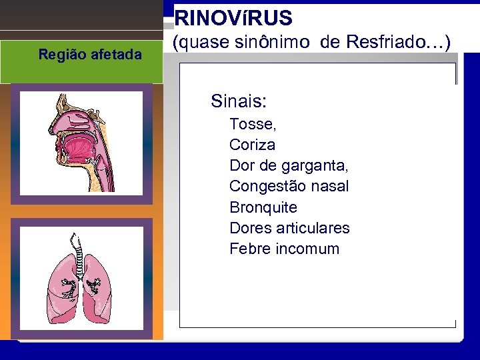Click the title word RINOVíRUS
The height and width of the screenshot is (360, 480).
click(x=233, y=18)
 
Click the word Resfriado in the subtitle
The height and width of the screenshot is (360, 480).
click(x=388, y=43)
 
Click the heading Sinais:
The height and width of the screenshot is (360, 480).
click(x=239, y=101)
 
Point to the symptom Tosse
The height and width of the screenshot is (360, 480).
click(x=252, y=124)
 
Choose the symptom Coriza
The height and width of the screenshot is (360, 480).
click(x=252, y=145)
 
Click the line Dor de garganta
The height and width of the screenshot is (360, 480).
click(x=289, y=165)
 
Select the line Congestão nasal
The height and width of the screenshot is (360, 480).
click(x=289, y=186)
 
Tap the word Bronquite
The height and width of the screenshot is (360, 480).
click(x=263, y=207)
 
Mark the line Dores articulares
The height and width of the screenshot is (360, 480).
click(x=289, y=228)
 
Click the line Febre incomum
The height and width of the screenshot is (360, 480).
click(x=284, y=249)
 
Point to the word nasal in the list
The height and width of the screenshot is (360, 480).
click(x=329, y=186)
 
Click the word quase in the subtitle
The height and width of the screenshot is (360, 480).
click(x=197, y=43)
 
